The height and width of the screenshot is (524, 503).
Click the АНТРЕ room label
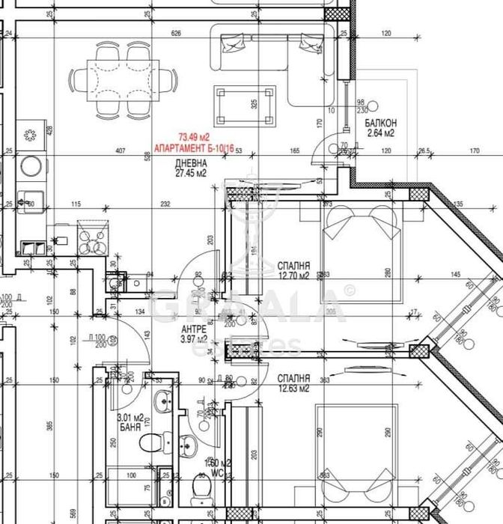(x=194, y=329)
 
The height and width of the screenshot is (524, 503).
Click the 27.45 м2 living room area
(x=189, y=174)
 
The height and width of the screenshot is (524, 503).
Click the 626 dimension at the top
(x=177, y=34)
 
